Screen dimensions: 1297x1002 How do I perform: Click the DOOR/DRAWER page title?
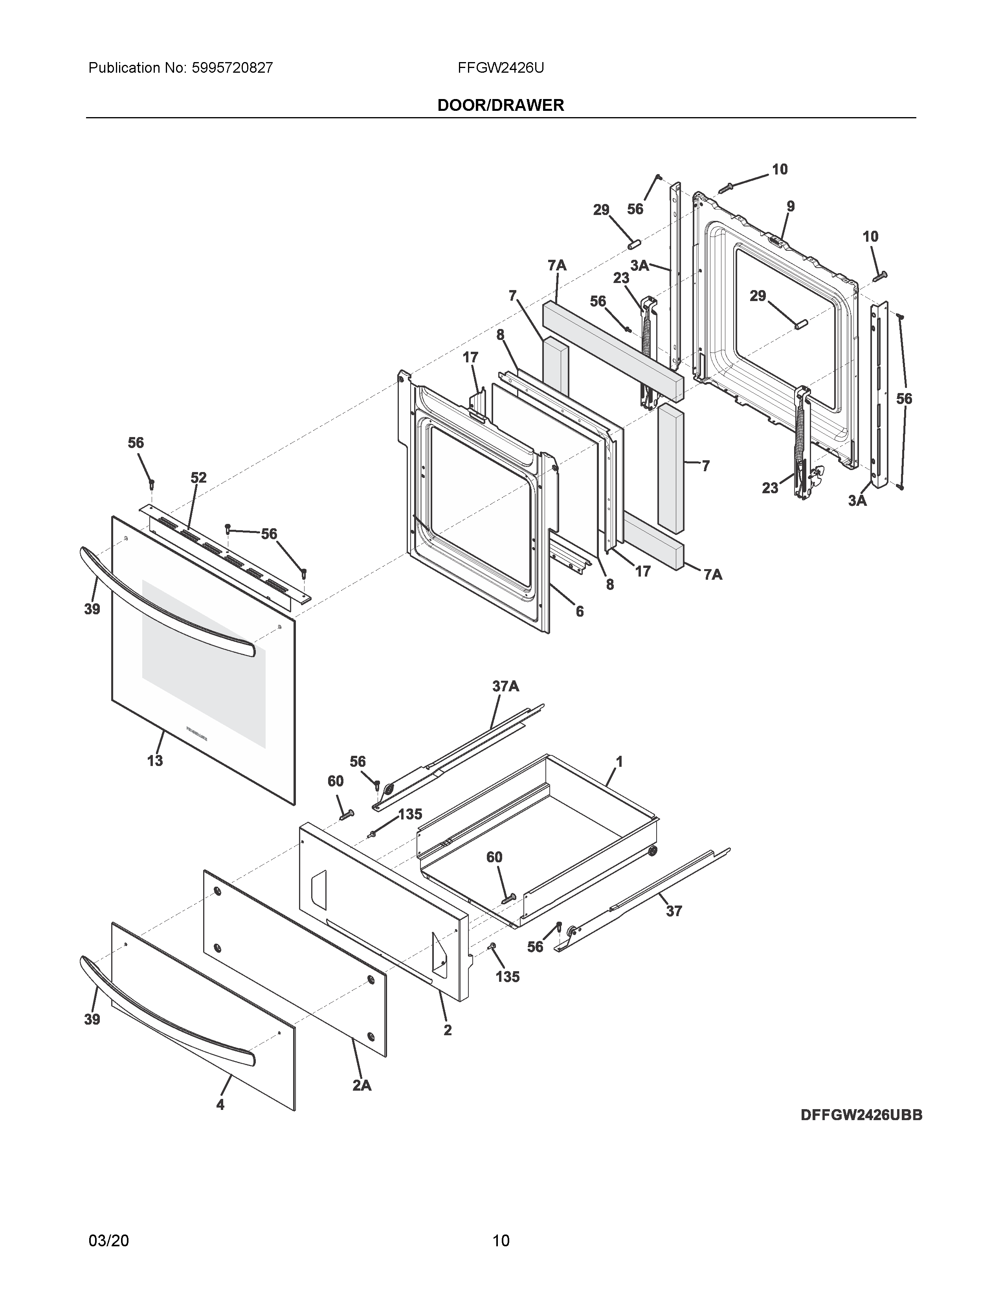point(500,105)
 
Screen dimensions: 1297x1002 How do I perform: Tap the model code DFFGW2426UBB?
point(861,1115)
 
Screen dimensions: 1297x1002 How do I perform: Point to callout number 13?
point(155,761)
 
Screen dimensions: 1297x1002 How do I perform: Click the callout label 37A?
point(505,687)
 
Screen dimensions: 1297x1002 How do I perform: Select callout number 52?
point(198,478)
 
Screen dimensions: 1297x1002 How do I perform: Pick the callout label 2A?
point(362,1085)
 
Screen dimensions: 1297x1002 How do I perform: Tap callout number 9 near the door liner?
point(791,207)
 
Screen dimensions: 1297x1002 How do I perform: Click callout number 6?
point(579,611)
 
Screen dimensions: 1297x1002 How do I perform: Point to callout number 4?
point(220,1104)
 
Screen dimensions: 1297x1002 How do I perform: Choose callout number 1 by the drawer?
point(619,761)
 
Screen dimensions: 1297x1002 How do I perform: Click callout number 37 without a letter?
point(674,911)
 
